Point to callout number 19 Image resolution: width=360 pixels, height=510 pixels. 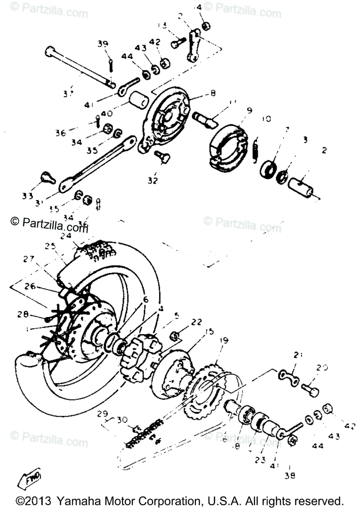click(x=224, y=340)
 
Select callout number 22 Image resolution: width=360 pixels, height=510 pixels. click(x=196, y=322)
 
